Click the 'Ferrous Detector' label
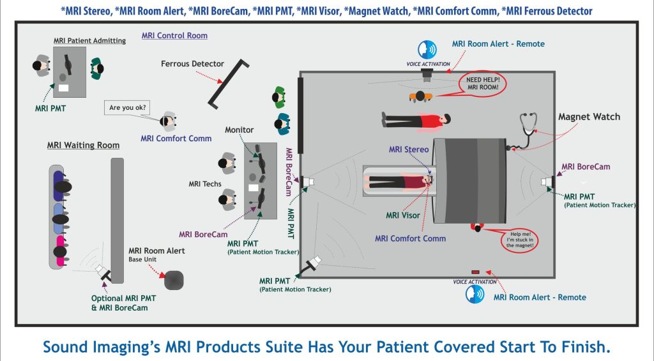tap(192, 64)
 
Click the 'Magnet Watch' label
tap(589, 117)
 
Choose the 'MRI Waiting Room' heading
tap(83, 145)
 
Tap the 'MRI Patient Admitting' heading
tap(89, 41)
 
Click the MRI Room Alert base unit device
tap(174, 280)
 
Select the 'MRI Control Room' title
tap(174, 36)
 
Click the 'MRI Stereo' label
tap(409, 150)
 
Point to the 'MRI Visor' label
tap(403, 215)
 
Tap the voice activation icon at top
tap(427, 50)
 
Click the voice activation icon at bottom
tap(473, 293)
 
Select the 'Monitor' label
tap(239, 130)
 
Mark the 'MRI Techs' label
tap(205, 184)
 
